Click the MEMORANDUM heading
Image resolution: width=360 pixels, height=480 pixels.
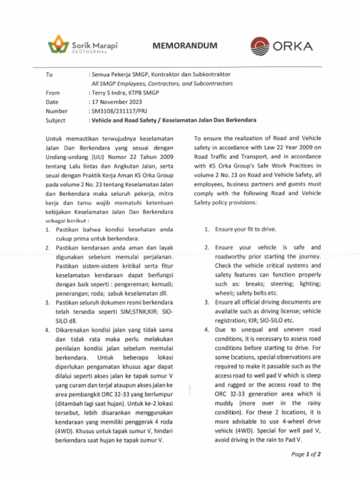185,45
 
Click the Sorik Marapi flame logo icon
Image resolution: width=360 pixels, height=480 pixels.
59,45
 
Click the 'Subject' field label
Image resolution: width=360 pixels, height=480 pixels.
55,120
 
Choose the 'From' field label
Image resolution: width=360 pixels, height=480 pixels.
52,93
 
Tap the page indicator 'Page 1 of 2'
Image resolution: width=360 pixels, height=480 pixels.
306,454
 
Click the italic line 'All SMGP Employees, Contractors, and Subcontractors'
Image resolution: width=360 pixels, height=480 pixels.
162,83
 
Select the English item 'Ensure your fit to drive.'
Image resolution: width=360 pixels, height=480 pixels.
246,229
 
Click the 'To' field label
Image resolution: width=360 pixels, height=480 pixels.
49,75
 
